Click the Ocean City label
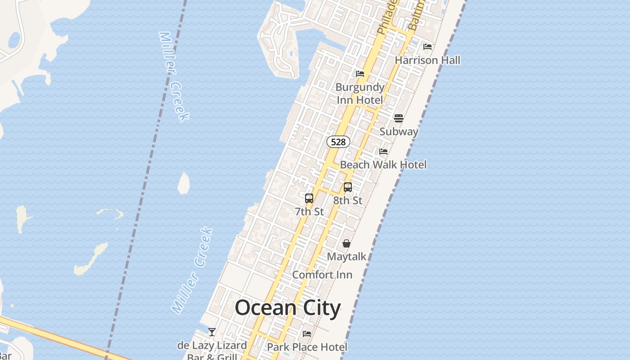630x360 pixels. click(288, 308)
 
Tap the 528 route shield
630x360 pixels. click(338, 142)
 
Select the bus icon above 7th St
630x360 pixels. click(309, 198)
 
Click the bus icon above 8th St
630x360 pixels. click(348, 187)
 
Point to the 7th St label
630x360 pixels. click(309, 211)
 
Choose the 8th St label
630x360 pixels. click(348, 200)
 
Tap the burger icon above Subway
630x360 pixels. click(399, 118)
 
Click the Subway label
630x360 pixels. click(399, 131)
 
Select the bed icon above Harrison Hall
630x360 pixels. click(427, 46)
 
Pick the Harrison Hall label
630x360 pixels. click(427, 60)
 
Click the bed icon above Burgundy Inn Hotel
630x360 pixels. click(360, 74)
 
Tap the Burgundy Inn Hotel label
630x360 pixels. click(360, 94)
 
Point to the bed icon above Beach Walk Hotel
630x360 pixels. click(383, 152)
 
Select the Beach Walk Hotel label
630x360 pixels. click(383, 165)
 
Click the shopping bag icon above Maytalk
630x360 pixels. click(346, 243)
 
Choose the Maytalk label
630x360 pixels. click(346, 256)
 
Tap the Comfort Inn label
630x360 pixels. click(322, 274)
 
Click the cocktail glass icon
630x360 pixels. click(212, 332)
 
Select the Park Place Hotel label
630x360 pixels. click(307, 347)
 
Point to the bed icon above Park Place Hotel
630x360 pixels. click(307, 334)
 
